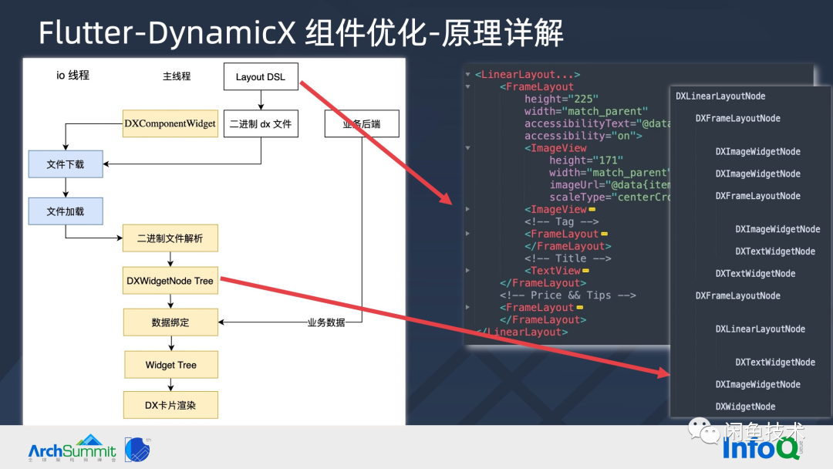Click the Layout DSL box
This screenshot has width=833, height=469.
coord(261,76)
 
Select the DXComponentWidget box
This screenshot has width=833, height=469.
coord(170,124)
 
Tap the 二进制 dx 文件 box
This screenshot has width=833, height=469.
coord(261,124)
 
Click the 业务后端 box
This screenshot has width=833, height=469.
coord(361,124)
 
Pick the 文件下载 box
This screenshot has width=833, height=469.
coord(66,164)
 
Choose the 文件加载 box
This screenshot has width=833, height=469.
coord(66,211)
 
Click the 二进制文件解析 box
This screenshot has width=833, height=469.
coord(170,238)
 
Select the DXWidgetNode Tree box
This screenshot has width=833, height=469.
coord(170,281)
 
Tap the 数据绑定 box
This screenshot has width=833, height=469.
coord(170,322)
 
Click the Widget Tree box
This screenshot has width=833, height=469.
coord(170,364)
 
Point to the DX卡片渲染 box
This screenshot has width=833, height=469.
coord(170,405)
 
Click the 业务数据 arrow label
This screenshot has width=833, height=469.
coord(326,322)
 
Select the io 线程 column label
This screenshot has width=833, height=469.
coord(73,76)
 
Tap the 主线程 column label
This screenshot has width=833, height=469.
coord(177,76)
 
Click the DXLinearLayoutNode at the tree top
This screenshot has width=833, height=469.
coord(720,96)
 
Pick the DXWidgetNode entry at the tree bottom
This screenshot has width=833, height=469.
coord(745,407)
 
